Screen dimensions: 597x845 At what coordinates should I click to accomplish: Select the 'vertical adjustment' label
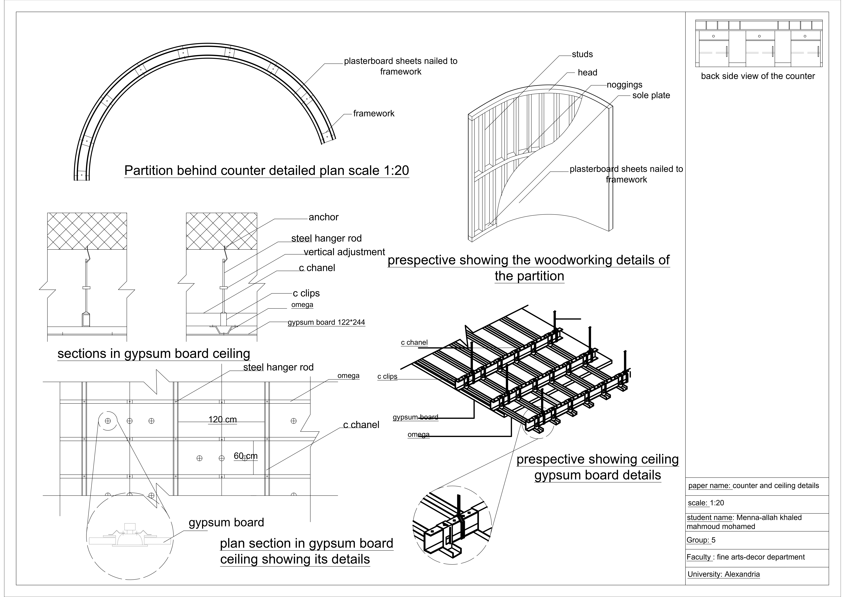coord(344,252)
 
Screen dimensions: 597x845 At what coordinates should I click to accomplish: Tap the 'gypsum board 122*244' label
coord(326,322)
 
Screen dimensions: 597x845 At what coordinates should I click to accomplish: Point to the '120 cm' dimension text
coord(222,419)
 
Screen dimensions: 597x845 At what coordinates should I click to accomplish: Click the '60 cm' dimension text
coord(246,456)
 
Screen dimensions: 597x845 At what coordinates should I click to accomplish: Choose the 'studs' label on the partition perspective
coord(582,54)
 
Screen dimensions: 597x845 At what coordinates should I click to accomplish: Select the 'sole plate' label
coord(651,96)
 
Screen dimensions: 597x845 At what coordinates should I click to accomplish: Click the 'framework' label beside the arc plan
coord(374,114)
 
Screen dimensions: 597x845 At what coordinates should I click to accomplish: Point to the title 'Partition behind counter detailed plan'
coord(266,171)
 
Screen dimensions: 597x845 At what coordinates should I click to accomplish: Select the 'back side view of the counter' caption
coord(758,76)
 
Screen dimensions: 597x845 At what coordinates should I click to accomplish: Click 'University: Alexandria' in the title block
coord(723,574)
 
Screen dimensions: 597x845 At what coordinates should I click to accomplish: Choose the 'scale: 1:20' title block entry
coord(706,503)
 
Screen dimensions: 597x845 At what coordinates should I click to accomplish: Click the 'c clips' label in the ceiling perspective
coord(387,376)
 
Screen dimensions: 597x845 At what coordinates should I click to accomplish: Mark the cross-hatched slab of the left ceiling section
coord(87,231)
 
